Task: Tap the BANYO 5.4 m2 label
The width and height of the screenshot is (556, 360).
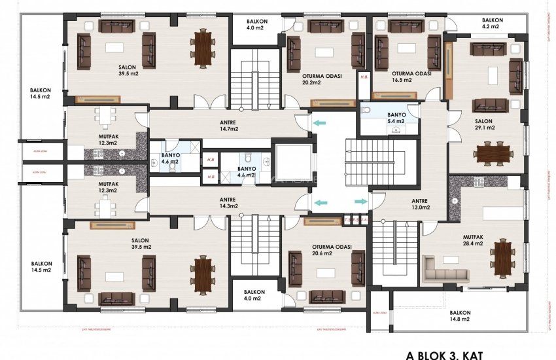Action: click(396, 118)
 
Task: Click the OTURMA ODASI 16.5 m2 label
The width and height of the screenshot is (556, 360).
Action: click(411, 77)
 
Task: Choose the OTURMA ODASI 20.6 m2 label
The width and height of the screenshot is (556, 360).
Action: click(332, 250)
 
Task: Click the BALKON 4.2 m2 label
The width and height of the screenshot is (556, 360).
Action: click(492, 23)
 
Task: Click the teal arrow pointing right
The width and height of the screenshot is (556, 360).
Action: click(360, 203)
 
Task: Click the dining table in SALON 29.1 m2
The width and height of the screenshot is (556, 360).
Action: click(493, 153)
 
